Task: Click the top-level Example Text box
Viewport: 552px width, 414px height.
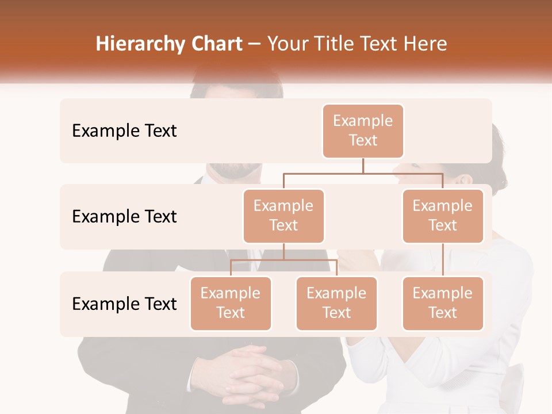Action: tap(363, 131)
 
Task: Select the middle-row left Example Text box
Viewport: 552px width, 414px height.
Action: tap(283, 216)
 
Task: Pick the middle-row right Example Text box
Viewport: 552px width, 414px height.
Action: tap(442, 216)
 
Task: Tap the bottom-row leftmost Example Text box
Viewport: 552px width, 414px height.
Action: tap(231, 303)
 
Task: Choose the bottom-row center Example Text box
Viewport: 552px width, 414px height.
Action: tap(336, 303)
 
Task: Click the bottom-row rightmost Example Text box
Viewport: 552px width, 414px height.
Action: tap(442, 303)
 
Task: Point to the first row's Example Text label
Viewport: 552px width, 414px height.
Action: tap(124, 131)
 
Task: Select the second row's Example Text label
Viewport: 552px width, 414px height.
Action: tap(124, 216)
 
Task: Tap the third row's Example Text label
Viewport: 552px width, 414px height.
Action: tap(124, 304)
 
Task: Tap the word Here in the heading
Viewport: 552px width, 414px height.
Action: tap(425, 44)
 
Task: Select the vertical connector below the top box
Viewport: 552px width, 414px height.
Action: tap(363, 166)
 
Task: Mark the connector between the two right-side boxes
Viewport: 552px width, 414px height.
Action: tap(443, 259)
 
